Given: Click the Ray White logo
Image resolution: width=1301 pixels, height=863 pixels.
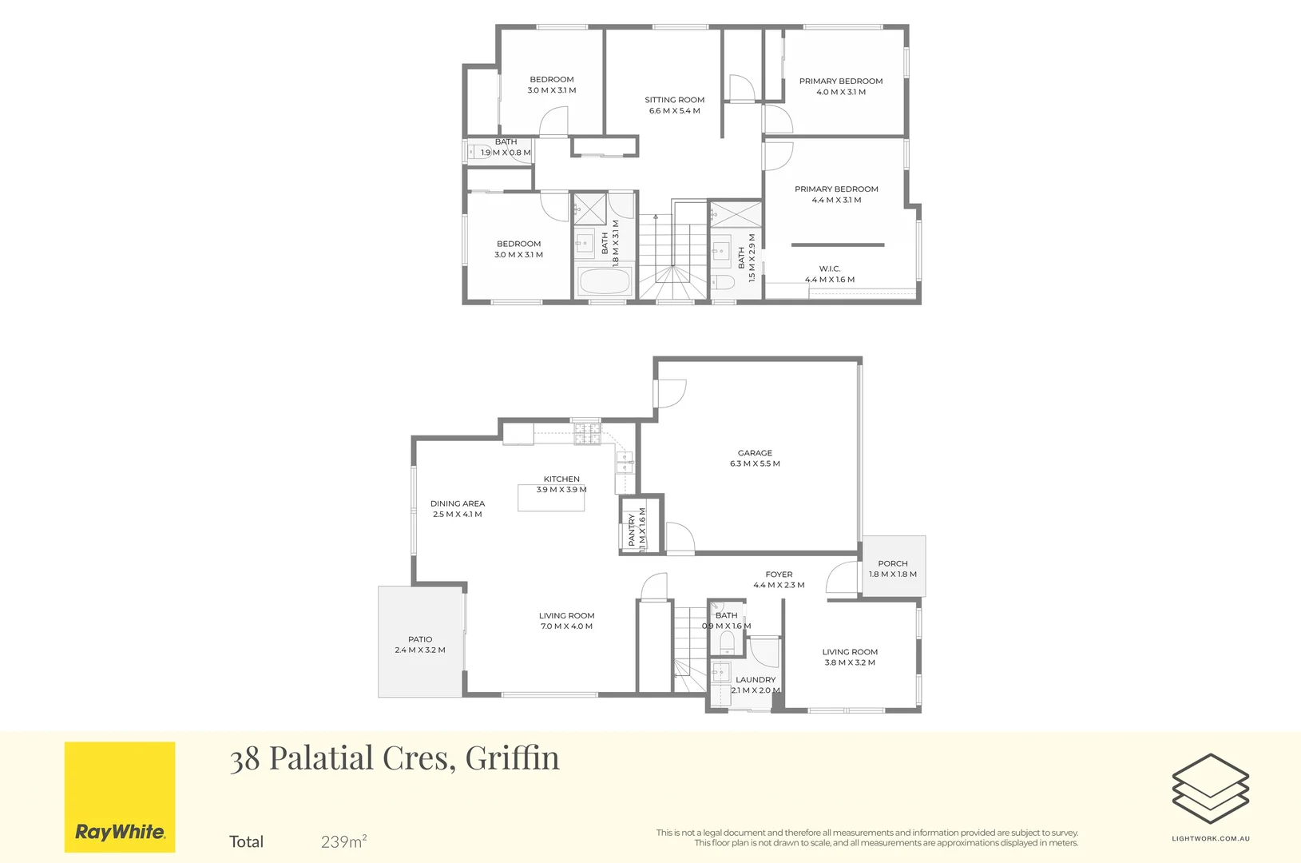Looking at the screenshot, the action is pos(120,797).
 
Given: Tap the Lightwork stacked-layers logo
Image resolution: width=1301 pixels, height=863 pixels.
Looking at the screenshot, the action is pos(1211,788).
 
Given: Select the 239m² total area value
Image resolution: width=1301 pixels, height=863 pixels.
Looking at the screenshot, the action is pos(344,841).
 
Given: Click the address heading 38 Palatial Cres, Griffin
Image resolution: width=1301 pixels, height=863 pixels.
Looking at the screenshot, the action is pos(395,758).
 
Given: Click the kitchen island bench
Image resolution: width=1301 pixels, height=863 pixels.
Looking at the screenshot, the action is pos(551,498).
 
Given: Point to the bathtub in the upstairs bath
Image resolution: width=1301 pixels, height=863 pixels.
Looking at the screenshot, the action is pos(605,281).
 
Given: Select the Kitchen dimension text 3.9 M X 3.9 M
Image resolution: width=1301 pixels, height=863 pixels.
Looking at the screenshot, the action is pos(561,490).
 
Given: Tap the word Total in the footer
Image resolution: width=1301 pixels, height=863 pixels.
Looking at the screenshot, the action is pos(246,841).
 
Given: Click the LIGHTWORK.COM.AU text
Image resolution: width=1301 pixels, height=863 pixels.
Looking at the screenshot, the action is pos(1211,838).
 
